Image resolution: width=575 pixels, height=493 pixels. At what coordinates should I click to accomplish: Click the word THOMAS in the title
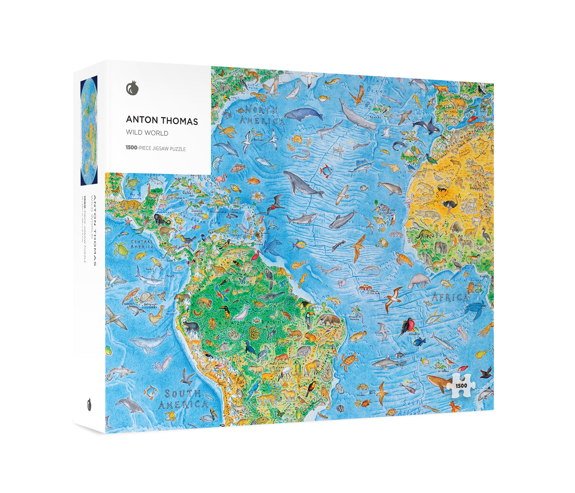pyautogui.click(x=180, y=121)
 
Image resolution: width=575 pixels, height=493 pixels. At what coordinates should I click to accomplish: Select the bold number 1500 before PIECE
pyautogui.click(x=131, y=148)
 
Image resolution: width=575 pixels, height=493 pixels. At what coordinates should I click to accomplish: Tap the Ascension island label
pyautogui.click(x=414, y=334)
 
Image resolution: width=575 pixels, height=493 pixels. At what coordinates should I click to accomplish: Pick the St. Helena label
pyautogui.click(x=443, y=371)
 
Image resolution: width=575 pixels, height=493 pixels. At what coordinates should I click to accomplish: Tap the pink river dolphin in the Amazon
pyautogui.click(x=241, y=314)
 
